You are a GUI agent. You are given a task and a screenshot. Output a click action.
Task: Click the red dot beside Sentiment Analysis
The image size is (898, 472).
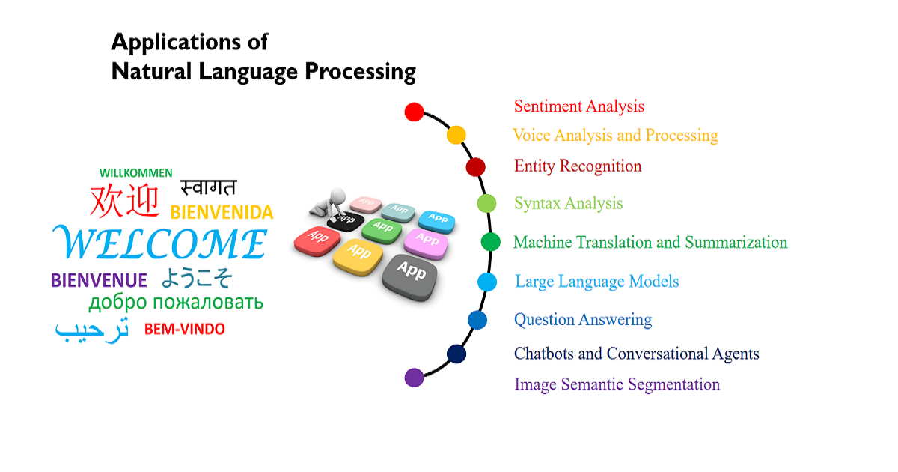414,112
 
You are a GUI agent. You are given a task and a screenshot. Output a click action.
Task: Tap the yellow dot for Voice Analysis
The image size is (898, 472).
456,135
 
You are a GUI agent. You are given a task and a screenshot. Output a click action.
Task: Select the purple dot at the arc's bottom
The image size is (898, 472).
414,377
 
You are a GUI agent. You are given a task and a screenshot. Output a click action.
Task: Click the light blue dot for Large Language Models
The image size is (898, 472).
487,282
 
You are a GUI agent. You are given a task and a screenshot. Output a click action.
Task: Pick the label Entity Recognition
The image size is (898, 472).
578,166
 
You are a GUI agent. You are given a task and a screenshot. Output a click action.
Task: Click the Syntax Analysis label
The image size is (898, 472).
568,203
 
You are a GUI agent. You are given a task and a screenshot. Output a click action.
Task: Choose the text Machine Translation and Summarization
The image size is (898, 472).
650,243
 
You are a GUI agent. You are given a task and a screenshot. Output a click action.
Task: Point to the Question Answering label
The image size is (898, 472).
582,320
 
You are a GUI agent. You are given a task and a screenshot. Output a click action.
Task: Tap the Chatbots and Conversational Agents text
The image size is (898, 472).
636,354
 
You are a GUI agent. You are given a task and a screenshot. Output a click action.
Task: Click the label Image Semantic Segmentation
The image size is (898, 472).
617,384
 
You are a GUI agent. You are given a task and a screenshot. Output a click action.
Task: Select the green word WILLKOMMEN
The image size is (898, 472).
135,172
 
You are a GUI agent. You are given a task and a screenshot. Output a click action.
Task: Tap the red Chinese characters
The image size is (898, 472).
125,200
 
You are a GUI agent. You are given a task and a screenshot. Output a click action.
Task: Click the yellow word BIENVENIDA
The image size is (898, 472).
222,213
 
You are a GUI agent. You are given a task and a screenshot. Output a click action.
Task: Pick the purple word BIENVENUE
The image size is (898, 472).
99,281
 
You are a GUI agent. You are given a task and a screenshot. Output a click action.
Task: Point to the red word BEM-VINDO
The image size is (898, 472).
184,329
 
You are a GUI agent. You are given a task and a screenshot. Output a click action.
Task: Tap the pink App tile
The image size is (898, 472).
427,240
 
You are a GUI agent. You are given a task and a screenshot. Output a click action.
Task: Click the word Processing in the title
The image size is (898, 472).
361,72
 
